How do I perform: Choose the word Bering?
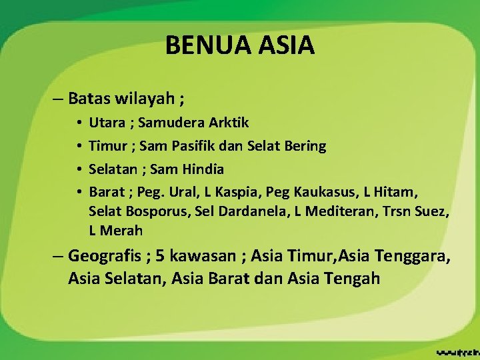(304, 146)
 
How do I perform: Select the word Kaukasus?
(327, 193)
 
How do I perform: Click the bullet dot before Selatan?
(79, 169)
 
